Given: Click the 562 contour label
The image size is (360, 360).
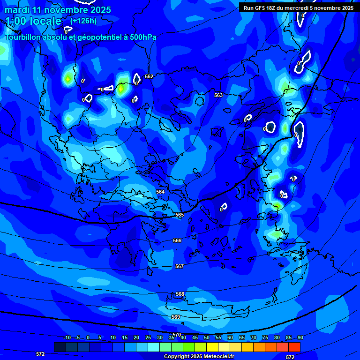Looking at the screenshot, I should point(149,76).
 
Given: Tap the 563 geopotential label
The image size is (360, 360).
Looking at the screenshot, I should point(218,95).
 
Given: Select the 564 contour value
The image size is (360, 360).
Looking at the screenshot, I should point(160,192).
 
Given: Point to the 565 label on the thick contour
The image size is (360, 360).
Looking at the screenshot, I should point(179,215).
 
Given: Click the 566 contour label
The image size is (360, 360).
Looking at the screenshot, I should point(177,240).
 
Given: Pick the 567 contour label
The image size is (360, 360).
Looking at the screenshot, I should point(180,266).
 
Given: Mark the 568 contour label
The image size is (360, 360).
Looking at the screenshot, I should point(180,294).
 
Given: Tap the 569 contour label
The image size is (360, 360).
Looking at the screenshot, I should point(176,317).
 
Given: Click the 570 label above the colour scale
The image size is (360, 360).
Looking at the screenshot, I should point(177,335).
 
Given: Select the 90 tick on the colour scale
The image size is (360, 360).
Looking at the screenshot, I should point(300,337).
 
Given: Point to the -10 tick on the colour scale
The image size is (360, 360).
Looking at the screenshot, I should point(67,337).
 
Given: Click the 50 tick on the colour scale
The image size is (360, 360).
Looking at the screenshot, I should point(206,337).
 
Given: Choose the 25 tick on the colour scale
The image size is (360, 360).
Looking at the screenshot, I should point(148,337).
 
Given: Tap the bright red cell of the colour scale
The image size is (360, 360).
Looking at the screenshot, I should point(294,347).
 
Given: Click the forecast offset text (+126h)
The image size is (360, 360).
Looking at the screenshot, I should point(84,21).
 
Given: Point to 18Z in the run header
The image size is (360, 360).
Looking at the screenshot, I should point(271,8).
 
